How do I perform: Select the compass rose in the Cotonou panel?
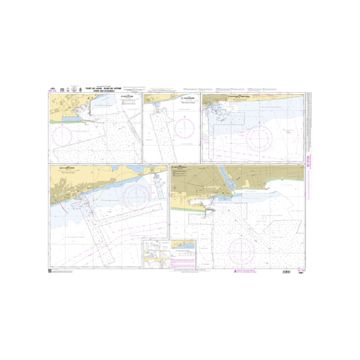coord(242,248)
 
